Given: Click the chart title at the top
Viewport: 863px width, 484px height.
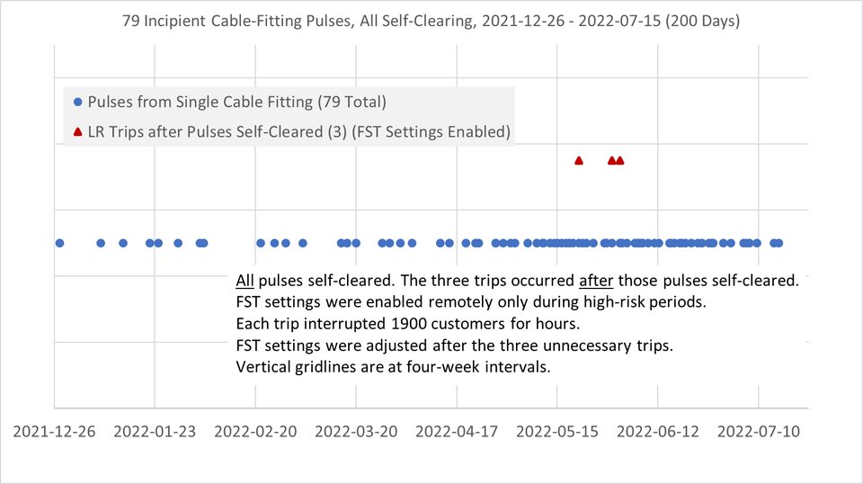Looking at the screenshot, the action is [431, 21].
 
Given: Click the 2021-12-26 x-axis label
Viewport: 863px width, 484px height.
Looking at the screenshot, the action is [54, 431].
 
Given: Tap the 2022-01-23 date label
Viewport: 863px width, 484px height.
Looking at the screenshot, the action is [155, 431].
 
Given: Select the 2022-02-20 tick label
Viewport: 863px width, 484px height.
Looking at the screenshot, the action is [255, 431].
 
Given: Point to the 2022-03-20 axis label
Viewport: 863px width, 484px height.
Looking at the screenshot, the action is [356, 431].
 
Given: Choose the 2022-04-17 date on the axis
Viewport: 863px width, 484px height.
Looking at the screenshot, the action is [457, 431].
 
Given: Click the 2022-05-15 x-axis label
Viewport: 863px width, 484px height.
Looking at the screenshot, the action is [557, 431].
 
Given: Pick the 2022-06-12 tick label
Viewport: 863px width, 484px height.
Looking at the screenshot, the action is [658, 431].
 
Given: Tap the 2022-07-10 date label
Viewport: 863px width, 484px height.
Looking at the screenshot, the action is [759, 431].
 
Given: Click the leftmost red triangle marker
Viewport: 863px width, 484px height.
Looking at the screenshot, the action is [578, 161].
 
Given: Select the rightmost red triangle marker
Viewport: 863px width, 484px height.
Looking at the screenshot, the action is [620, 161].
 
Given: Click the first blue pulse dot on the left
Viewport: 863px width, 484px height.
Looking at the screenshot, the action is [59, 243].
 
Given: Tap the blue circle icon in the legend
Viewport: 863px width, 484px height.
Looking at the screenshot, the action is [77, 102].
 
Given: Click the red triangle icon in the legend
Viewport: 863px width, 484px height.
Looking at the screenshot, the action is [77, 132].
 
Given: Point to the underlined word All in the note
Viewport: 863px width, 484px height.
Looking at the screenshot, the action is [245, 281].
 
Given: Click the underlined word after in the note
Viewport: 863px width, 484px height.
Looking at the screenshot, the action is [596, 281].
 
